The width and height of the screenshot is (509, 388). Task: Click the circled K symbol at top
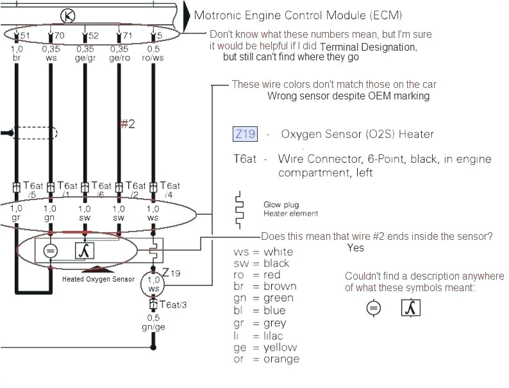tap(67, 15)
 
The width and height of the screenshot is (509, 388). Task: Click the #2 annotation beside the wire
tap(128, 124)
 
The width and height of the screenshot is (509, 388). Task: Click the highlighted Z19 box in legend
tap(245, 134)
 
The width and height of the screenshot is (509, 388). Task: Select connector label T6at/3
tap(173, 305)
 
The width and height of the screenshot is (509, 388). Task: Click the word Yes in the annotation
tap(355, 248)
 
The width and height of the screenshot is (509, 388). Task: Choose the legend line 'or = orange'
tap(266, 359)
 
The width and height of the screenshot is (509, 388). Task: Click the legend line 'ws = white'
tap(263, 251)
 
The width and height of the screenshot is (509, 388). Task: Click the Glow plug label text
tap(281, 205)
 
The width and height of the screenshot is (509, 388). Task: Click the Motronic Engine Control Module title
tap(299, 15)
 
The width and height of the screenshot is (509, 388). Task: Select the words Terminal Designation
tap(368, 47)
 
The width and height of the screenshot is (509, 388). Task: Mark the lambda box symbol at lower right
tap(410, 308)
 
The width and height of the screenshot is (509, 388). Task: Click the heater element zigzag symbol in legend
tap(239, 209)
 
